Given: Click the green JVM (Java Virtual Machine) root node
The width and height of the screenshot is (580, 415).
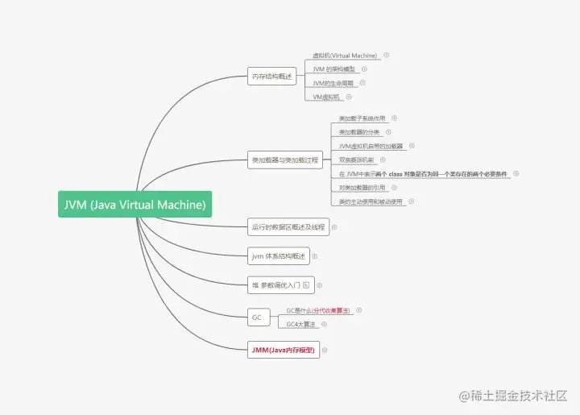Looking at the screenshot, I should (x=135, y=205).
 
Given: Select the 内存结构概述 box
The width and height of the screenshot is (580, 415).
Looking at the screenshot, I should (x=273, y=77).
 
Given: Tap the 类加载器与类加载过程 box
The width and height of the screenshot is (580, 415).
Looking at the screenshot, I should (x=285, y=160).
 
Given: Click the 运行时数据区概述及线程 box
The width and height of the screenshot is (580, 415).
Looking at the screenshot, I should (x=288, y=227).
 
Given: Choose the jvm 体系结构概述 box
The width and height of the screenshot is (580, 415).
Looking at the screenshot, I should (x=278, y=256).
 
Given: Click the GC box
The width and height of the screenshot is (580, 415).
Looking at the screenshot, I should (x=257, y=317).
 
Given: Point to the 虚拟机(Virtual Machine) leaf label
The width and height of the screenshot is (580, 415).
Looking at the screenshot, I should (x=345, y=56).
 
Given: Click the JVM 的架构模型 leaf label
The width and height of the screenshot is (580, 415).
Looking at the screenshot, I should (x=334, y=69).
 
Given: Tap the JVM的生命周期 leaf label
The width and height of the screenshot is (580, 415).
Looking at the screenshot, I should (x=333, y=83).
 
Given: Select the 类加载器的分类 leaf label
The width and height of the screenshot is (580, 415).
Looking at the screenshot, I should (x=359, y=132).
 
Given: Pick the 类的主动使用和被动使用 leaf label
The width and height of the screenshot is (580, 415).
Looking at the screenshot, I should (x=371, y=201).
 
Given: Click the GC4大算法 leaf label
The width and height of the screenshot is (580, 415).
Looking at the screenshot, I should (x=303, y=325).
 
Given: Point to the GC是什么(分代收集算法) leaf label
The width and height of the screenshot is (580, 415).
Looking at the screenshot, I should (x=318, y=310).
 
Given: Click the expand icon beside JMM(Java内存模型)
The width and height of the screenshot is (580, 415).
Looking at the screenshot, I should (x=325, y=350).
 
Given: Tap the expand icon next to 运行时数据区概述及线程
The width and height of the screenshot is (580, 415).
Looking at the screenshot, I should (x=334, y=227).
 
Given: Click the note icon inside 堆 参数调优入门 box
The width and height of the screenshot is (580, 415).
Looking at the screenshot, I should (x=306, y=285).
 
